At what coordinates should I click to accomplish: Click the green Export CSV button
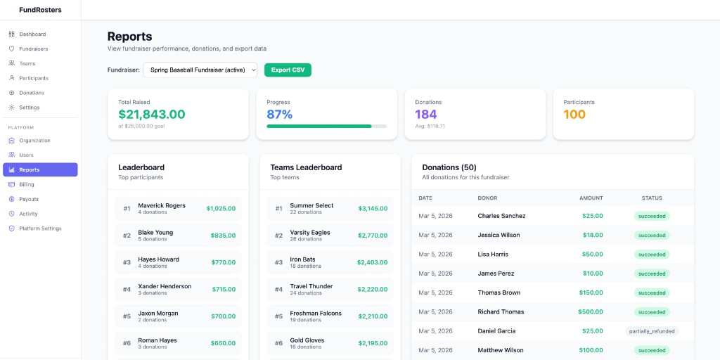click(x=288, y=70)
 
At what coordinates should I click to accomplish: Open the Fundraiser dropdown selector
click(x=200, y=70)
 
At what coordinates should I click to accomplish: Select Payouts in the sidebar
click(x=29, y=199)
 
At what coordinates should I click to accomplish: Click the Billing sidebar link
click(x=27, y=184)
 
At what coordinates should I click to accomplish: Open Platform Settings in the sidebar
click(x=40, y=229)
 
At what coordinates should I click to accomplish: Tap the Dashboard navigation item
click(x=32, y=34)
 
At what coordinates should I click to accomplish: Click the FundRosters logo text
click(x=40, y=10)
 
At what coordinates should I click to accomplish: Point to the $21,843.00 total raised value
click(x=152, y=115)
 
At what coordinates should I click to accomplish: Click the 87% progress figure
click(x=280, y=115)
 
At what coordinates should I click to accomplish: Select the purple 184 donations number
click(x=426, y=115)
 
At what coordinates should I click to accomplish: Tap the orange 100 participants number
click(x=574, y=115)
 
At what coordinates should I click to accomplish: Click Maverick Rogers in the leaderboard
click(x=162, y=206)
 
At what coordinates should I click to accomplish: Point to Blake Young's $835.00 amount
click(x=221, y=236)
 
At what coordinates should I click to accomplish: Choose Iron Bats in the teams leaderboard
click(x=303, y=259)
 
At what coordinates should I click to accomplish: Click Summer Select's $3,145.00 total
click(x=373, y=209)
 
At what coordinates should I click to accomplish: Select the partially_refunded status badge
click(x=652, y=331)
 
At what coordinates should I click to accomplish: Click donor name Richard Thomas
click(x=501, y=312)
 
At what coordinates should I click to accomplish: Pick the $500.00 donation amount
click(x=591, y=312)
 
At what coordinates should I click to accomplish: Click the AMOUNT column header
click(x=591, y=198)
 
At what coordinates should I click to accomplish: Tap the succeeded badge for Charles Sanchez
click(x=652, y=217)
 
